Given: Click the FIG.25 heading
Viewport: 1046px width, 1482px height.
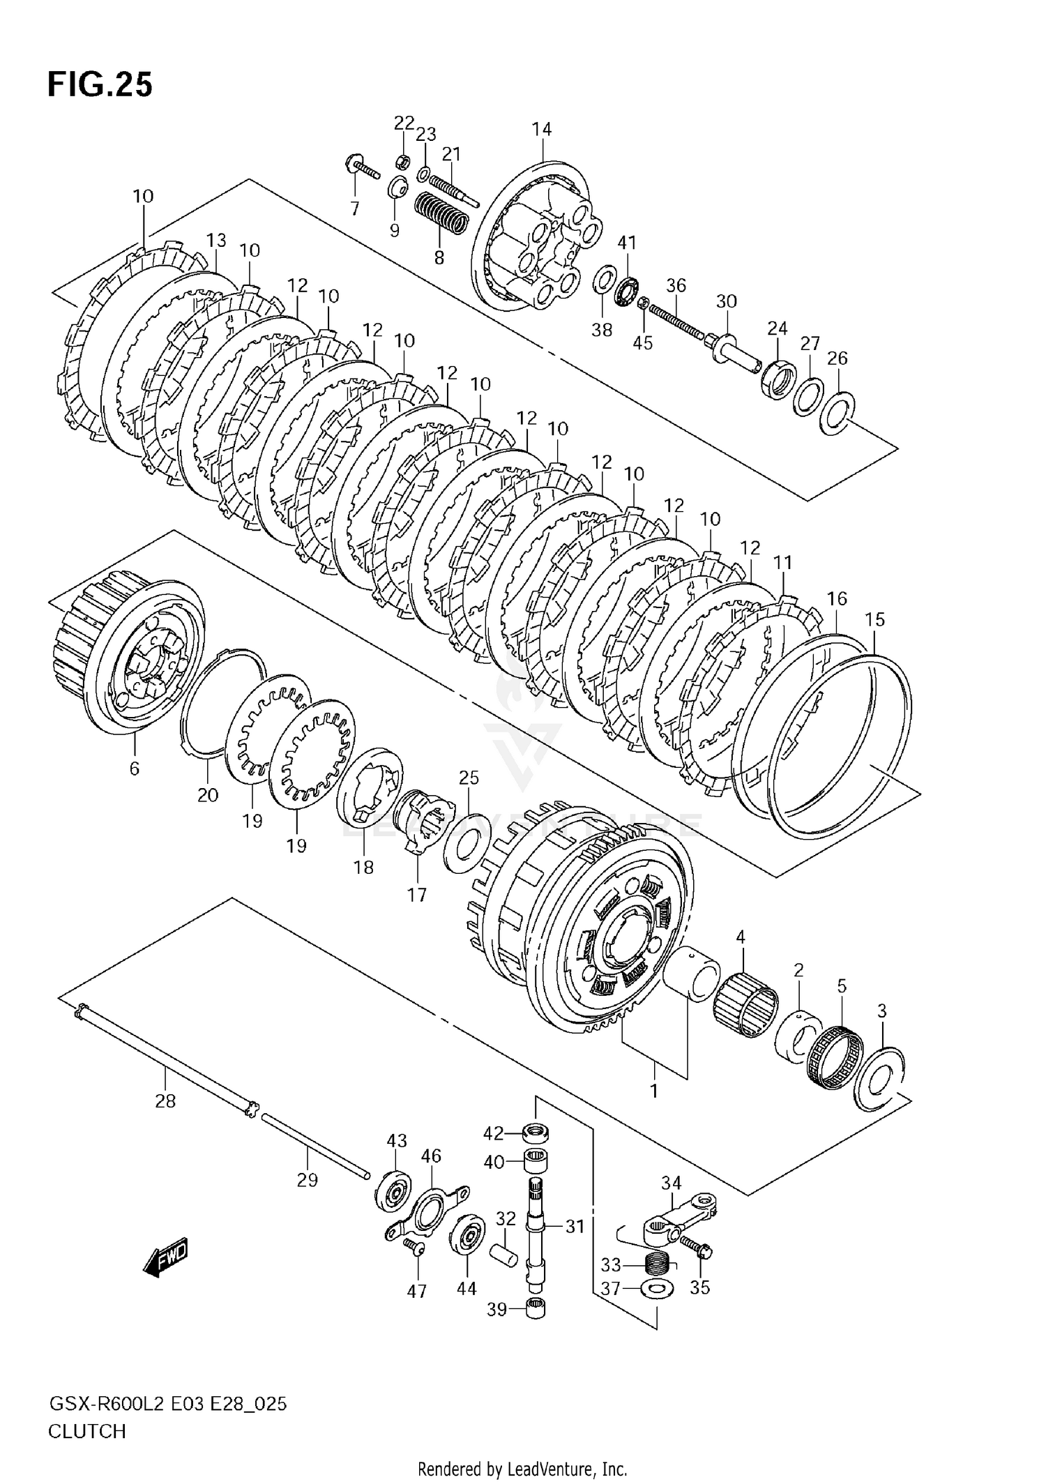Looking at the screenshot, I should [100, 85].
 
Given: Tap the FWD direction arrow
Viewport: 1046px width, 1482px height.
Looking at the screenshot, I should [165, 1257].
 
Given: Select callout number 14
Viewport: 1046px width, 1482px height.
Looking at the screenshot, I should [541, 129].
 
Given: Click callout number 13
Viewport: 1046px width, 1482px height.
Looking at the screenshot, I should [216, 241].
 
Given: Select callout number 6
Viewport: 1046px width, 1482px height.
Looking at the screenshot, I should [135, 768].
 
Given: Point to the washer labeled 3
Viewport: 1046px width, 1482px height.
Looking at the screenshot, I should [882, 1072].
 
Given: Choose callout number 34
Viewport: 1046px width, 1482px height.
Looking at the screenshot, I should [671, 1183].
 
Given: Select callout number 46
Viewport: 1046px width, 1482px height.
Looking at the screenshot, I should [431, 1156].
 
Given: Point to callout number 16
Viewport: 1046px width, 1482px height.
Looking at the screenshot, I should [837, 598].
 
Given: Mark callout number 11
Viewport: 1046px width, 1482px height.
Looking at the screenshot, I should [783, 562].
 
